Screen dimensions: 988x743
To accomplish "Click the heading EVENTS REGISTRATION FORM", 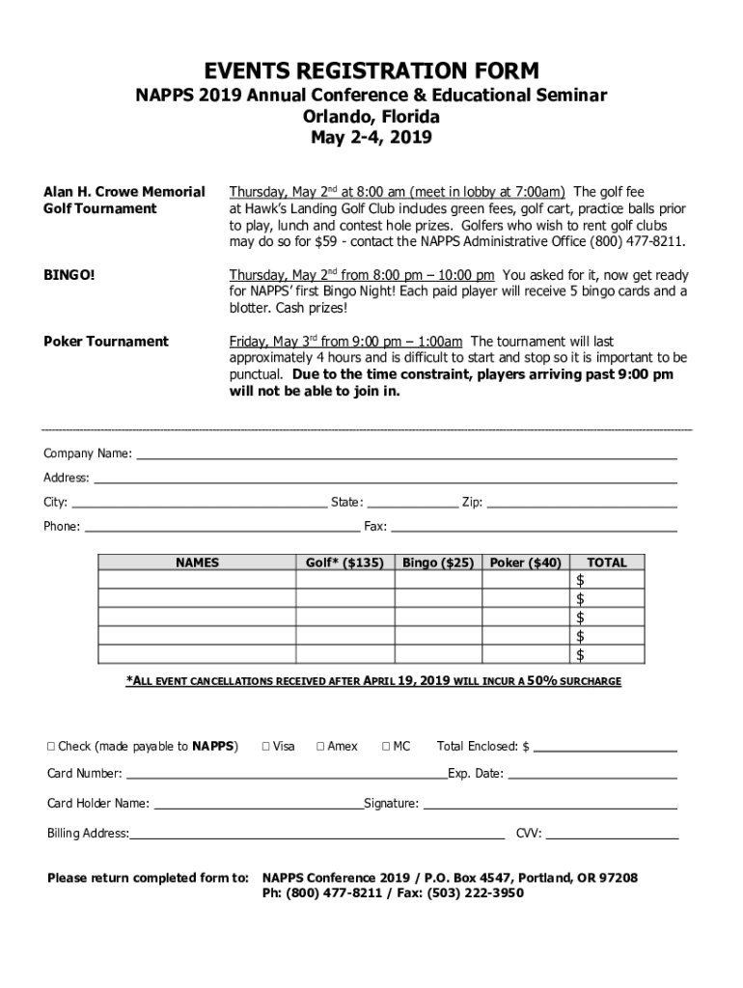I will pyautogui.click(x=371, y=71).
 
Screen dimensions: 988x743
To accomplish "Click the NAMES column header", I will pyautogui.click(x=197, y=563).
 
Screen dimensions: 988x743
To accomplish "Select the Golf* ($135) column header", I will pyautogui.click(x=344, y=563).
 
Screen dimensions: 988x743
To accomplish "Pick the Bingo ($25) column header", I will pyautogui.click(x=438, y=563).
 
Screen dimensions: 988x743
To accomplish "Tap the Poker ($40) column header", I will pyautogui.click(x=525, y=563).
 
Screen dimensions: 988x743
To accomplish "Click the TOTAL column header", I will pyautogui.click(x=606, y=563).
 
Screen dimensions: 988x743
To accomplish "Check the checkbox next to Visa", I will pyautogui.click(x=267, y=746).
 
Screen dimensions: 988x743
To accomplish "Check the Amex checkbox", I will pyautogui.click(x=321, y=746).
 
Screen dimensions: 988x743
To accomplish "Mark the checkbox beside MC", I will pyautogui.click(x=386, y=746).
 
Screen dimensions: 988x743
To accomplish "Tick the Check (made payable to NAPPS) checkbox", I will pyautogui.click(x=52, y=746).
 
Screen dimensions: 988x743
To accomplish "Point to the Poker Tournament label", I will pyautogui.click(x=106, y=342).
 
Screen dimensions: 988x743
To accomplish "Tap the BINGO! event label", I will pyautogui.click(x=69, y=275).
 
